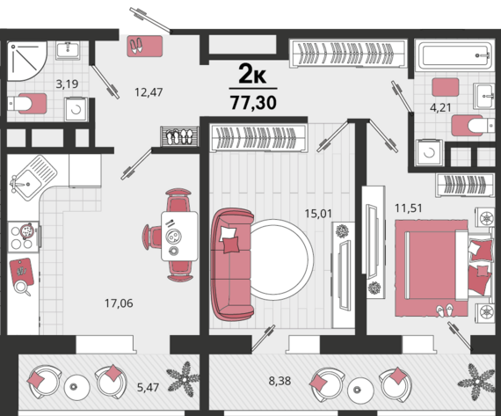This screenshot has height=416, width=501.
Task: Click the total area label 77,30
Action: tap(253, 103)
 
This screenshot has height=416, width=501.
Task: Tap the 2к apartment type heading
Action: tap(252, 75)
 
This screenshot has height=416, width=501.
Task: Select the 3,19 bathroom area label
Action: tap(67, 84)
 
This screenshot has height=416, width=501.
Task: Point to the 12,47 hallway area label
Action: tap(149, 92)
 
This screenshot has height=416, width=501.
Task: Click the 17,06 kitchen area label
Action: tap(119, 303)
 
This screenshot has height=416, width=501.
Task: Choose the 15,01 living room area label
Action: tap(318, 214)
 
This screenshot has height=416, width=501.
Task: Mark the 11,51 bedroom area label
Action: tap(409, 208)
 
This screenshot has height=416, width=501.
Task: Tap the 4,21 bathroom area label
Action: tap(440, 108)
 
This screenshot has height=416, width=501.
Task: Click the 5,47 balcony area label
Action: tap(148, 388)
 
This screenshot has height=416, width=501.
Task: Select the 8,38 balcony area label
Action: tap(280, 381)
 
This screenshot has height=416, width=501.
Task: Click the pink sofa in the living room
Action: tap(232, 265)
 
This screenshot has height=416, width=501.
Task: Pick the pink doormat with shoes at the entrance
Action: tap(145, 47)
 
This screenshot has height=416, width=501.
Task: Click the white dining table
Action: tap(179, 236)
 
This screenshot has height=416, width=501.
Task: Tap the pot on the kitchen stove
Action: tap(27, 230)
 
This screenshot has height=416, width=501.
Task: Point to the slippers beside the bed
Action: tap(445, 310)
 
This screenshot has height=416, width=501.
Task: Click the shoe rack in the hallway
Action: tap(180, 136)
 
